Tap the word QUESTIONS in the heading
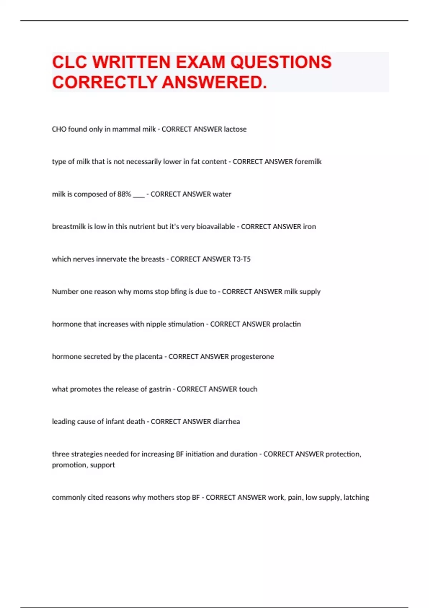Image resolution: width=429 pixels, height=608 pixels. (x=281, y=62)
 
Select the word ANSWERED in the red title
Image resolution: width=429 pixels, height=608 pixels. (x=214, y=82)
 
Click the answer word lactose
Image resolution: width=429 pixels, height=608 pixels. (x=235, y=129)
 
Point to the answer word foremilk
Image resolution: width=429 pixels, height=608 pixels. (x=308, y=162)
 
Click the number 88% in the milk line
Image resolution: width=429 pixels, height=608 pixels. (x=124, y=194)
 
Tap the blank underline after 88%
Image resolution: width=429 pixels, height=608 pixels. (x=139, y=196)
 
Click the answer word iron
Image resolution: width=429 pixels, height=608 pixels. (x=309, y=227)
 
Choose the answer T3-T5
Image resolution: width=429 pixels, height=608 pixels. (x=241, y=259)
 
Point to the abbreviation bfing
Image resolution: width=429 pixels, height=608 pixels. (x=178, y=292)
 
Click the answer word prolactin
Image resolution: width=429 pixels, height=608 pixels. (x=286, y=324)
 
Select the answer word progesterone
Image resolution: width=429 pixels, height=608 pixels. (x=252, y=357)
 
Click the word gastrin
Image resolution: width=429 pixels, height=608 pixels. (x=159, y=389)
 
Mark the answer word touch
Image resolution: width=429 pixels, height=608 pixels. (x=248, y=389)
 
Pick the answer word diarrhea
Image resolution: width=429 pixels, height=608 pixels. (x=226, y=422)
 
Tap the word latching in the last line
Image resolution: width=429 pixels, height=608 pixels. (x=356, y=497)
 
